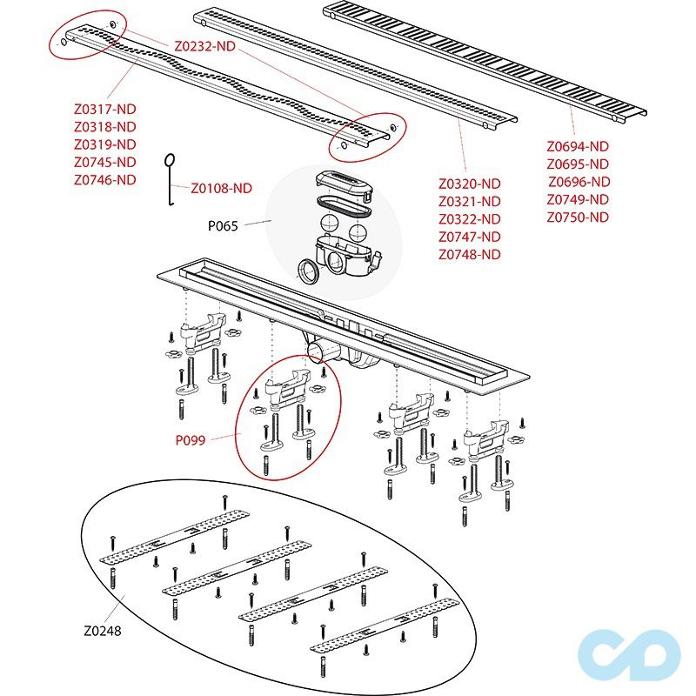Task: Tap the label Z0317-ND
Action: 105,110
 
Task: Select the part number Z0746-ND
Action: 105,180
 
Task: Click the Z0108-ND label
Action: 221,188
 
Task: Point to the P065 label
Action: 223,225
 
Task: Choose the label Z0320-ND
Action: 470,184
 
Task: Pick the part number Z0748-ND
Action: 470,255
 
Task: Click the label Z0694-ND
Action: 578,147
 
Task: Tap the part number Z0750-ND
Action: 578,217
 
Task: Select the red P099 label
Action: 191,440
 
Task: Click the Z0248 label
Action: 102,632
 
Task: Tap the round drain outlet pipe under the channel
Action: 313,351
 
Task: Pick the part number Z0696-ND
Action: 579,182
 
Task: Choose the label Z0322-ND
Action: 470,219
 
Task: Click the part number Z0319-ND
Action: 105,144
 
